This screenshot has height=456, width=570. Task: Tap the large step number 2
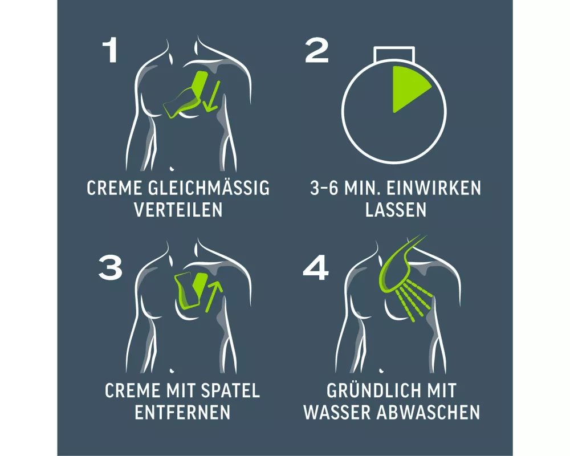[x=316, y=51]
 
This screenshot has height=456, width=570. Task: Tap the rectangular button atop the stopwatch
[x=394, y=54]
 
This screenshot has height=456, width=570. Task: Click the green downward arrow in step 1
[x=211, y=96]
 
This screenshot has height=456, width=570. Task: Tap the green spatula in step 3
[x=190, y=290]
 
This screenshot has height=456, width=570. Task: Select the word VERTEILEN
[x=178, y=210]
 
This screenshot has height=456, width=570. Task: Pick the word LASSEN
[x=396, y=210]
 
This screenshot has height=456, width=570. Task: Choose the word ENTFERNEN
[x=182, y=412]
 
